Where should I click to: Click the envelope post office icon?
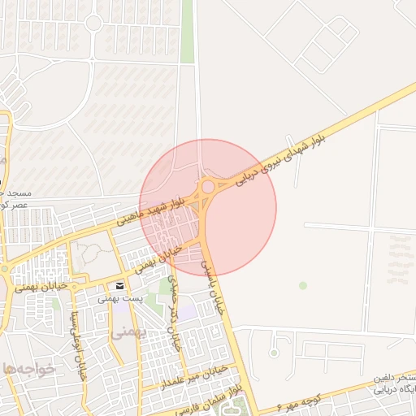120,286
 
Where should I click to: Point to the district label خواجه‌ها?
28,368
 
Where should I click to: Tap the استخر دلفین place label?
395,379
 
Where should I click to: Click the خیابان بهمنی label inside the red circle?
157,258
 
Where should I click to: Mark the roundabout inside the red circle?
208,187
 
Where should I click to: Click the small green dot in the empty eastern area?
303,285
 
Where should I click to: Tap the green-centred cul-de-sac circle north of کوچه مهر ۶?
274,353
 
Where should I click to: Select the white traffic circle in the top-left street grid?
93,23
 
